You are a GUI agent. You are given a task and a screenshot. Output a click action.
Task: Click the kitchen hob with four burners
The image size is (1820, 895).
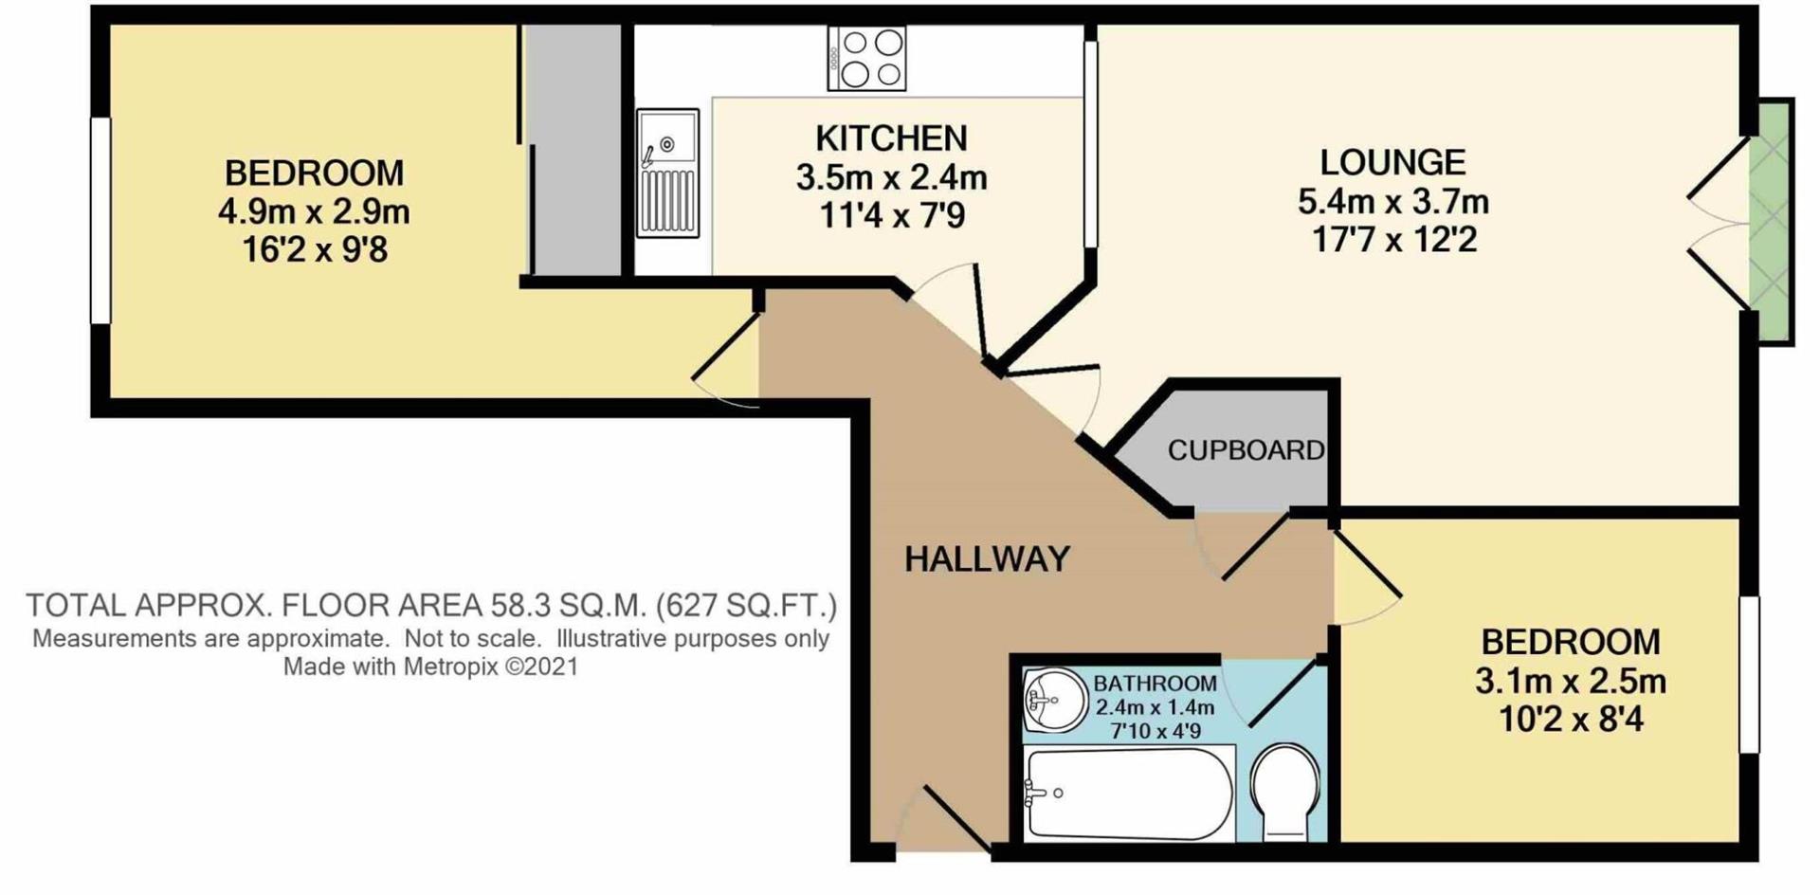[x=866, y=58]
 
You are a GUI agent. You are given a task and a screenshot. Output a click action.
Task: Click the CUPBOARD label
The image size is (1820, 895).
[x=1245, y=450]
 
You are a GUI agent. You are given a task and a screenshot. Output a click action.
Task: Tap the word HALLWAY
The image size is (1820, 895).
[x=987, y=559]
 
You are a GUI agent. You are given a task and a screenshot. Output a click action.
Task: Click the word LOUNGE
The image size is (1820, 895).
[x=1392, y=162]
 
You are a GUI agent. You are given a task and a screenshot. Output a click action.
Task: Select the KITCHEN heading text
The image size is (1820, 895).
[x=891, y=138]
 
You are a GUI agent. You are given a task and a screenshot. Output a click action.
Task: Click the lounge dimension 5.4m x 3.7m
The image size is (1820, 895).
[x=1392, y=201]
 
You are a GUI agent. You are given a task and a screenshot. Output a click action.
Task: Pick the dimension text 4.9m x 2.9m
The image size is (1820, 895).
[x=314, y=211]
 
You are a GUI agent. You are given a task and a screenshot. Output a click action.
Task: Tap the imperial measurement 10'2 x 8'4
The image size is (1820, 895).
[x=1570, y=720]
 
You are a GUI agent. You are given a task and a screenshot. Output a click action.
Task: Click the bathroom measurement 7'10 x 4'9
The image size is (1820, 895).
[x=1155, y=731]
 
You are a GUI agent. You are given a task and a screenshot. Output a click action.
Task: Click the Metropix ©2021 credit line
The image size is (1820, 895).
[x=430, y=667]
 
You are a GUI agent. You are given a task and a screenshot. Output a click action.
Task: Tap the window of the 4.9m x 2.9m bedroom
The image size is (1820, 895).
[x=100, y=220]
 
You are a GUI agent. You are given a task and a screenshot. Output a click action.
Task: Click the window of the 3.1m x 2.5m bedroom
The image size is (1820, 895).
[x=1748, y=674]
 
